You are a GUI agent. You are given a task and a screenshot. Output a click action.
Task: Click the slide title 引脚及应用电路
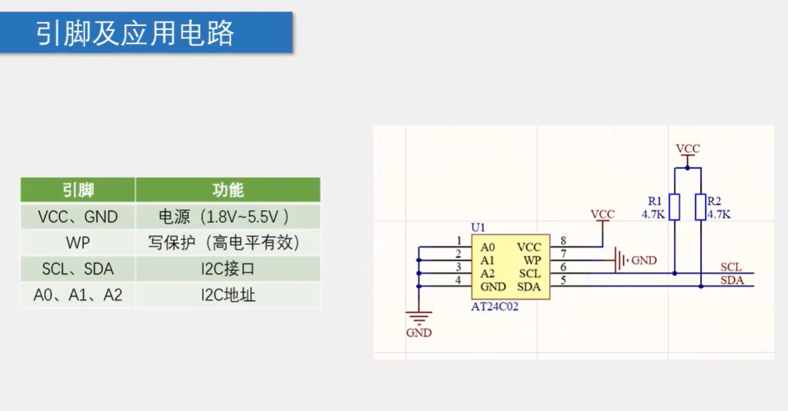pyautogui.click(x=136, y=33)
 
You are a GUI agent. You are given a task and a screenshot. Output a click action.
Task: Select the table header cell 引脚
pyautogui.click(x=78, y=190)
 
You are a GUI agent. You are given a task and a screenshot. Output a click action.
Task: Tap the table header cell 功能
pyautogui.click(x=228, y=190)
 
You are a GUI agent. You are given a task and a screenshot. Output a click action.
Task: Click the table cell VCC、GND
pyautogui.click(x=78, y=217)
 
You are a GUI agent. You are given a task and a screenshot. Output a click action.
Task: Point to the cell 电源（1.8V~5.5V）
pyautogui.click(x=228, y=217)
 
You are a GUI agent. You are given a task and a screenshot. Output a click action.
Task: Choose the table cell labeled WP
pyautogui.click(x=78, y=243)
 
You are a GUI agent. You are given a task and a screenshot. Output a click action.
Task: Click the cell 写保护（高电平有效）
pyautogui.click(x=228, y=243)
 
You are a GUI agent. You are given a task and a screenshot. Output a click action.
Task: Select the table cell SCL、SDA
pyautogui.click(x=78, y=269)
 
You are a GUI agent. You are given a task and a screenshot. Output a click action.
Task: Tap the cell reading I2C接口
pyautogui.click(x=228, y=269)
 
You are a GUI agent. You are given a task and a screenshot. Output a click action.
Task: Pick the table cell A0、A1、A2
pyautogui.click(x=78, y=296)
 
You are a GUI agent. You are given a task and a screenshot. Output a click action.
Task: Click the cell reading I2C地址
pyautogui.click(x=228, y=296)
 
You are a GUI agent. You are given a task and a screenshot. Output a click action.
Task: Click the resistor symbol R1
pyautogui.click(x=675, y=207)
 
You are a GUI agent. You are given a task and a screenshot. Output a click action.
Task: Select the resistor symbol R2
pyautogui.click(x=700, y=207)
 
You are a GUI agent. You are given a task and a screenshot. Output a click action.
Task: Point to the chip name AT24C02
pyautogui.click(x=494, y=307)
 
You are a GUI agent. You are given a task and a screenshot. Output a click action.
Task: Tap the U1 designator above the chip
pyautogui.click(x=478, y=227)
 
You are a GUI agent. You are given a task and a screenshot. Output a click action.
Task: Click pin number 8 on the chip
pyautogui.click(x=563, y=240)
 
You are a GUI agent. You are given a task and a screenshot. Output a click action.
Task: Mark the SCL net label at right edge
pyautogui.click(x=731, y=266)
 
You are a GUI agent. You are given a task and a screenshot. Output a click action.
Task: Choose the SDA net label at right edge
pyautogui.click(x=732, y=279)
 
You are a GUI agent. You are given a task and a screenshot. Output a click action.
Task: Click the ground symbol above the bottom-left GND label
pyautogui.click(x=419, y=317)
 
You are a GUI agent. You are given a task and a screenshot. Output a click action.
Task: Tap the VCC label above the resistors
pyautogui.click(x=688, y=148)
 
